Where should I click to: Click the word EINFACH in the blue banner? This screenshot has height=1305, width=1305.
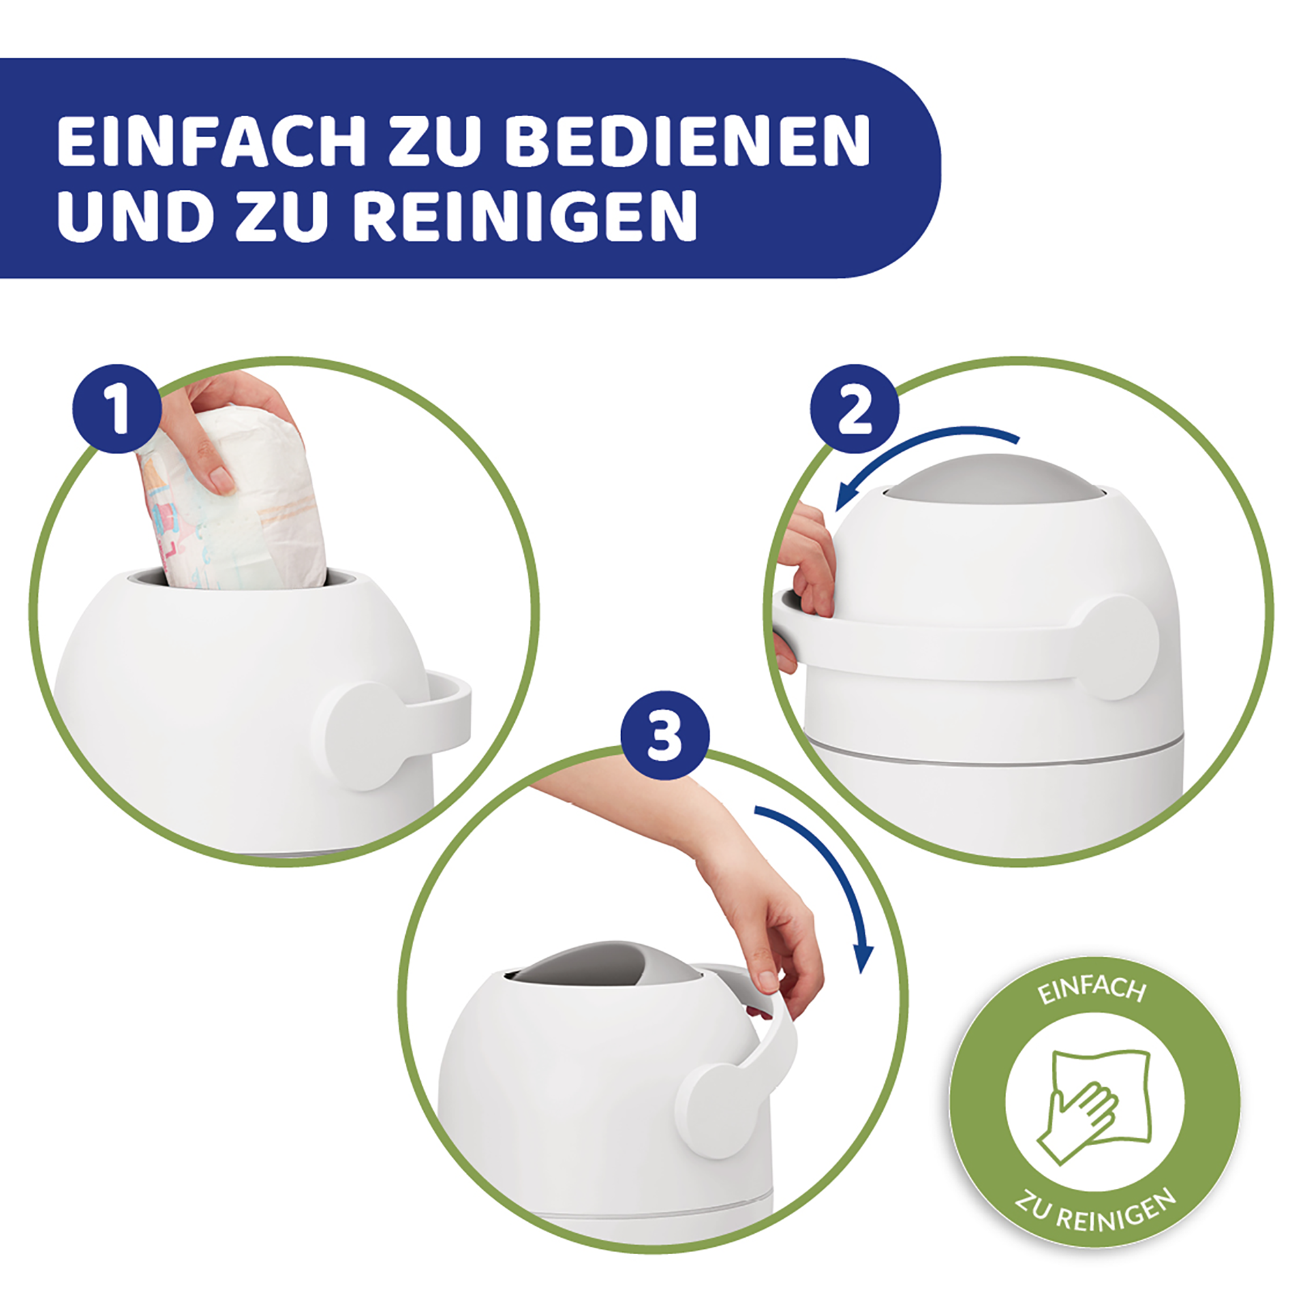[211, 141]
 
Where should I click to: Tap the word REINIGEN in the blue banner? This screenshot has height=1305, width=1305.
[525, 215]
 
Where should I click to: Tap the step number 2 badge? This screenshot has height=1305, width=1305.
[855, 409]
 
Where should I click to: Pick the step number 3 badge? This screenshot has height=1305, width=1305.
[666, 734]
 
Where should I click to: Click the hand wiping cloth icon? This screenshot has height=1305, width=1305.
[1094, 1108]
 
